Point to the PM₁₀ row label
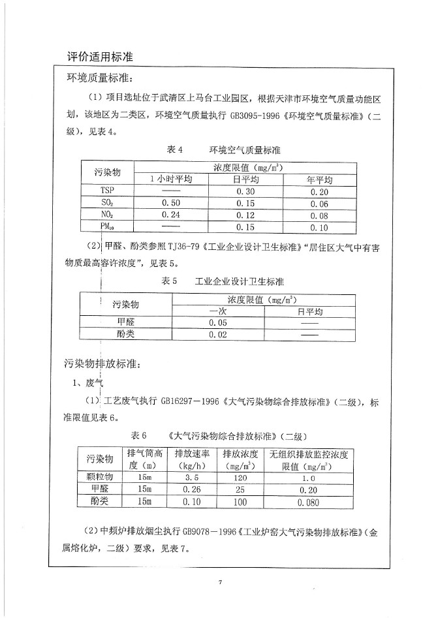click(107, 227)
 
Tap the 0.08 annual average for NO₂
click(320, 215)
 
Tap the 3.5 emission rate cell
click(193, 477)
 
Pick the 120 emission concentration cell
click(240, 477)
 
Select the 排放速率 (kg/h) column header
click(193, 459)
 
